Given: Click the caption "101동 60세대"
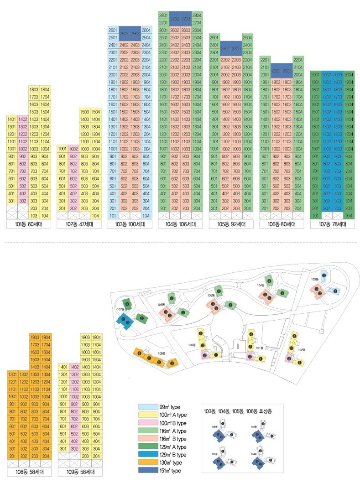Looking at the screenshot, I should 29,224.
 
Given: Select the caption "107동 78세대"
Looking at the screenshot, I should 333,224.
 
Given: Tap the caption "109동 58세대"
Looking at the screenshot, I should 80,471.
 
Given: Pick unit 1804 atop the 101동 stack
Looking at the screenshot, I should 45,89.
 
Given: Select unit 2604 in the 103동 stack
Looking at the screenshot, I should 146,30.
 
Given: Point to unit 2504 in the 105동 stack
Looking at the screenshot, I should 248,37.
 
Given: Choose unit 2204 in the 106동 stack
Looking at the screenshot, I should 298,59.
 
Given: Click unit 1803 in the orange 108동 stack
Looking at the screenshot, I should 34,337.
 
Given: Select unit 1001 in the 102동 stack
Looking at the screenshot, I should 62,149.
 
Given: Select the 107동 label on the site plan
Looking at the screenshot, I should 120,309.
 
